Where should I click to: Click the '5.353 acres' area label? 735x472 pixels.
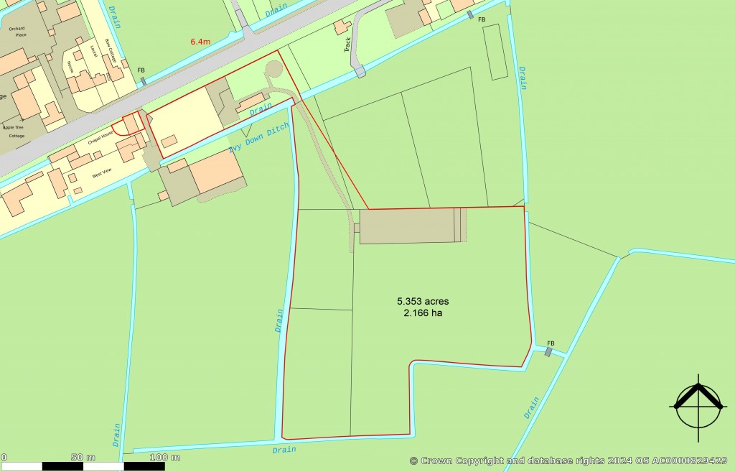pos(423,301)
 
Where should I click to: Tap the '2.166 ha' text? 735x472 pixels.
pos(423,313)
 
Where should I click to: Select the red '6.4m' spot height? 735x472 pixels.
pos(201,42)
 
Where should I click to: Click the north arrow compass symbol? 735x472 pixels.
pos(696,407)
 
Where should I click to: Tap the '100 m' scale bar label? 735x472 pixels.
pos(165,457)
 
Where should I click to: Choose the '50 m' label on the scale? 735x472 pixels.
pos(83,457)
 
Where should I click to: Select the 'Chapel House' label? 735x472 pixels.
pos(101,138)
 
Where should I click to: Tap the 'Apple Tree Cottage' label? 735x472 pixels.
pos(14,131)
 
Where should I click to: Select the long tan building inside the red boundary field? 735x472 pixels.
pos(406,226)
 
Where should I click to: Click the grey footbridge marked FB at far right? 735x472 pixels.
pos(549,352)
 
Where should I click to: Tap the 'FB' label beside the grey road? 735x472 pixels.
pos(141,70)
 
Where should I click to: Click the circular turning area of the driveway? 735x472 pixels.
pos(273,70)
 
